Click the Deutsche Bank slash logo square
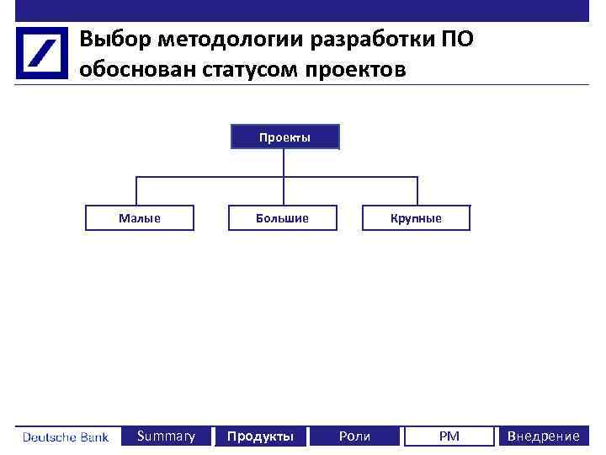tap(41, 52)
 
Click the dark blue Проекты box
tap(284, 136)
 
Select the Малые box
tap(139, 218)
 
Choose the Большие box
tap(283, 218)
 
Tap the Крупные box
tap(416, 218)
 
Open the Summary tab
tap(166, 436)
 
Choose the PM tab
tap(449, 436)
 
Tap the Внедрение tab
tap(542, 436)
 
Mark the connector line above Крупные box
tap(417, 190)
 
